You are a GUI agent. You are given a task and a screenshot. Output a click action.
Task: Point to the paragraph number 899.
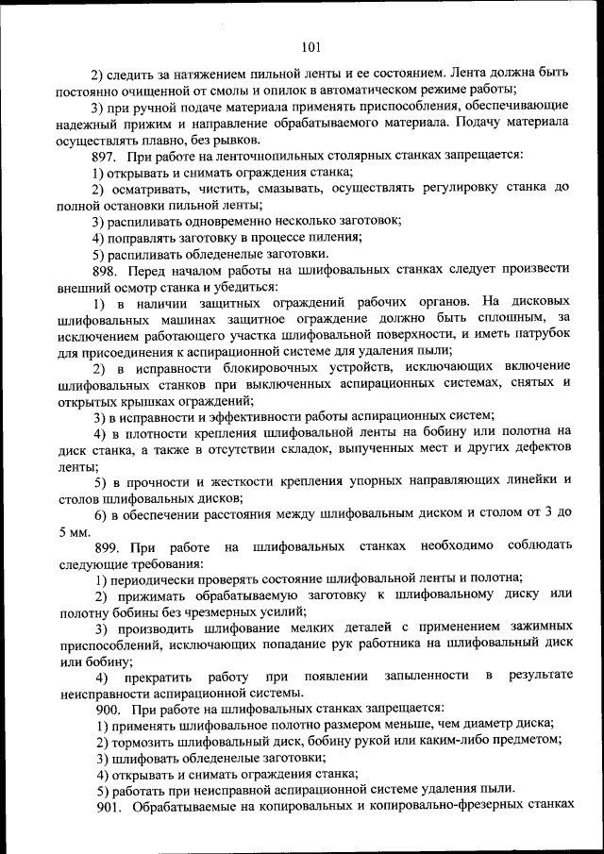tap(109, 546)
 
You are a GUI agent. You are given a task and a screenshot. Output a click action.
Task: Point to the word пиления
tap(333, 238)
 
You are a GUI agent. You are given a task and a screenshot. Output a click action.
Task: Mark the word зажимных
tap(536, 629)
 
